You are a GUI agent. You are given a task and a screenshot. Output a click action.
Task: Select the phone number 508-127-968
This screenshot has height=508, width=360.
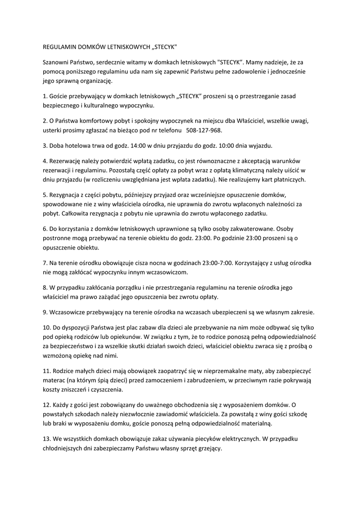pyautogui.click(x=204, y=130)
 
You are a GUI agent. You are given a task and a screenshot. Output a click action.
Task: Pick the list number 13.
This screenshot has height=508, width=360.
pyautogui.click(x=47, y=439)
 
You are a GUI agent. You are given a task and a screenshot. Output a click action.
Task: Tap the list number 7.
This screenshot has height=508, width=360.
pyautogui.click(x=45, y=263)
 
